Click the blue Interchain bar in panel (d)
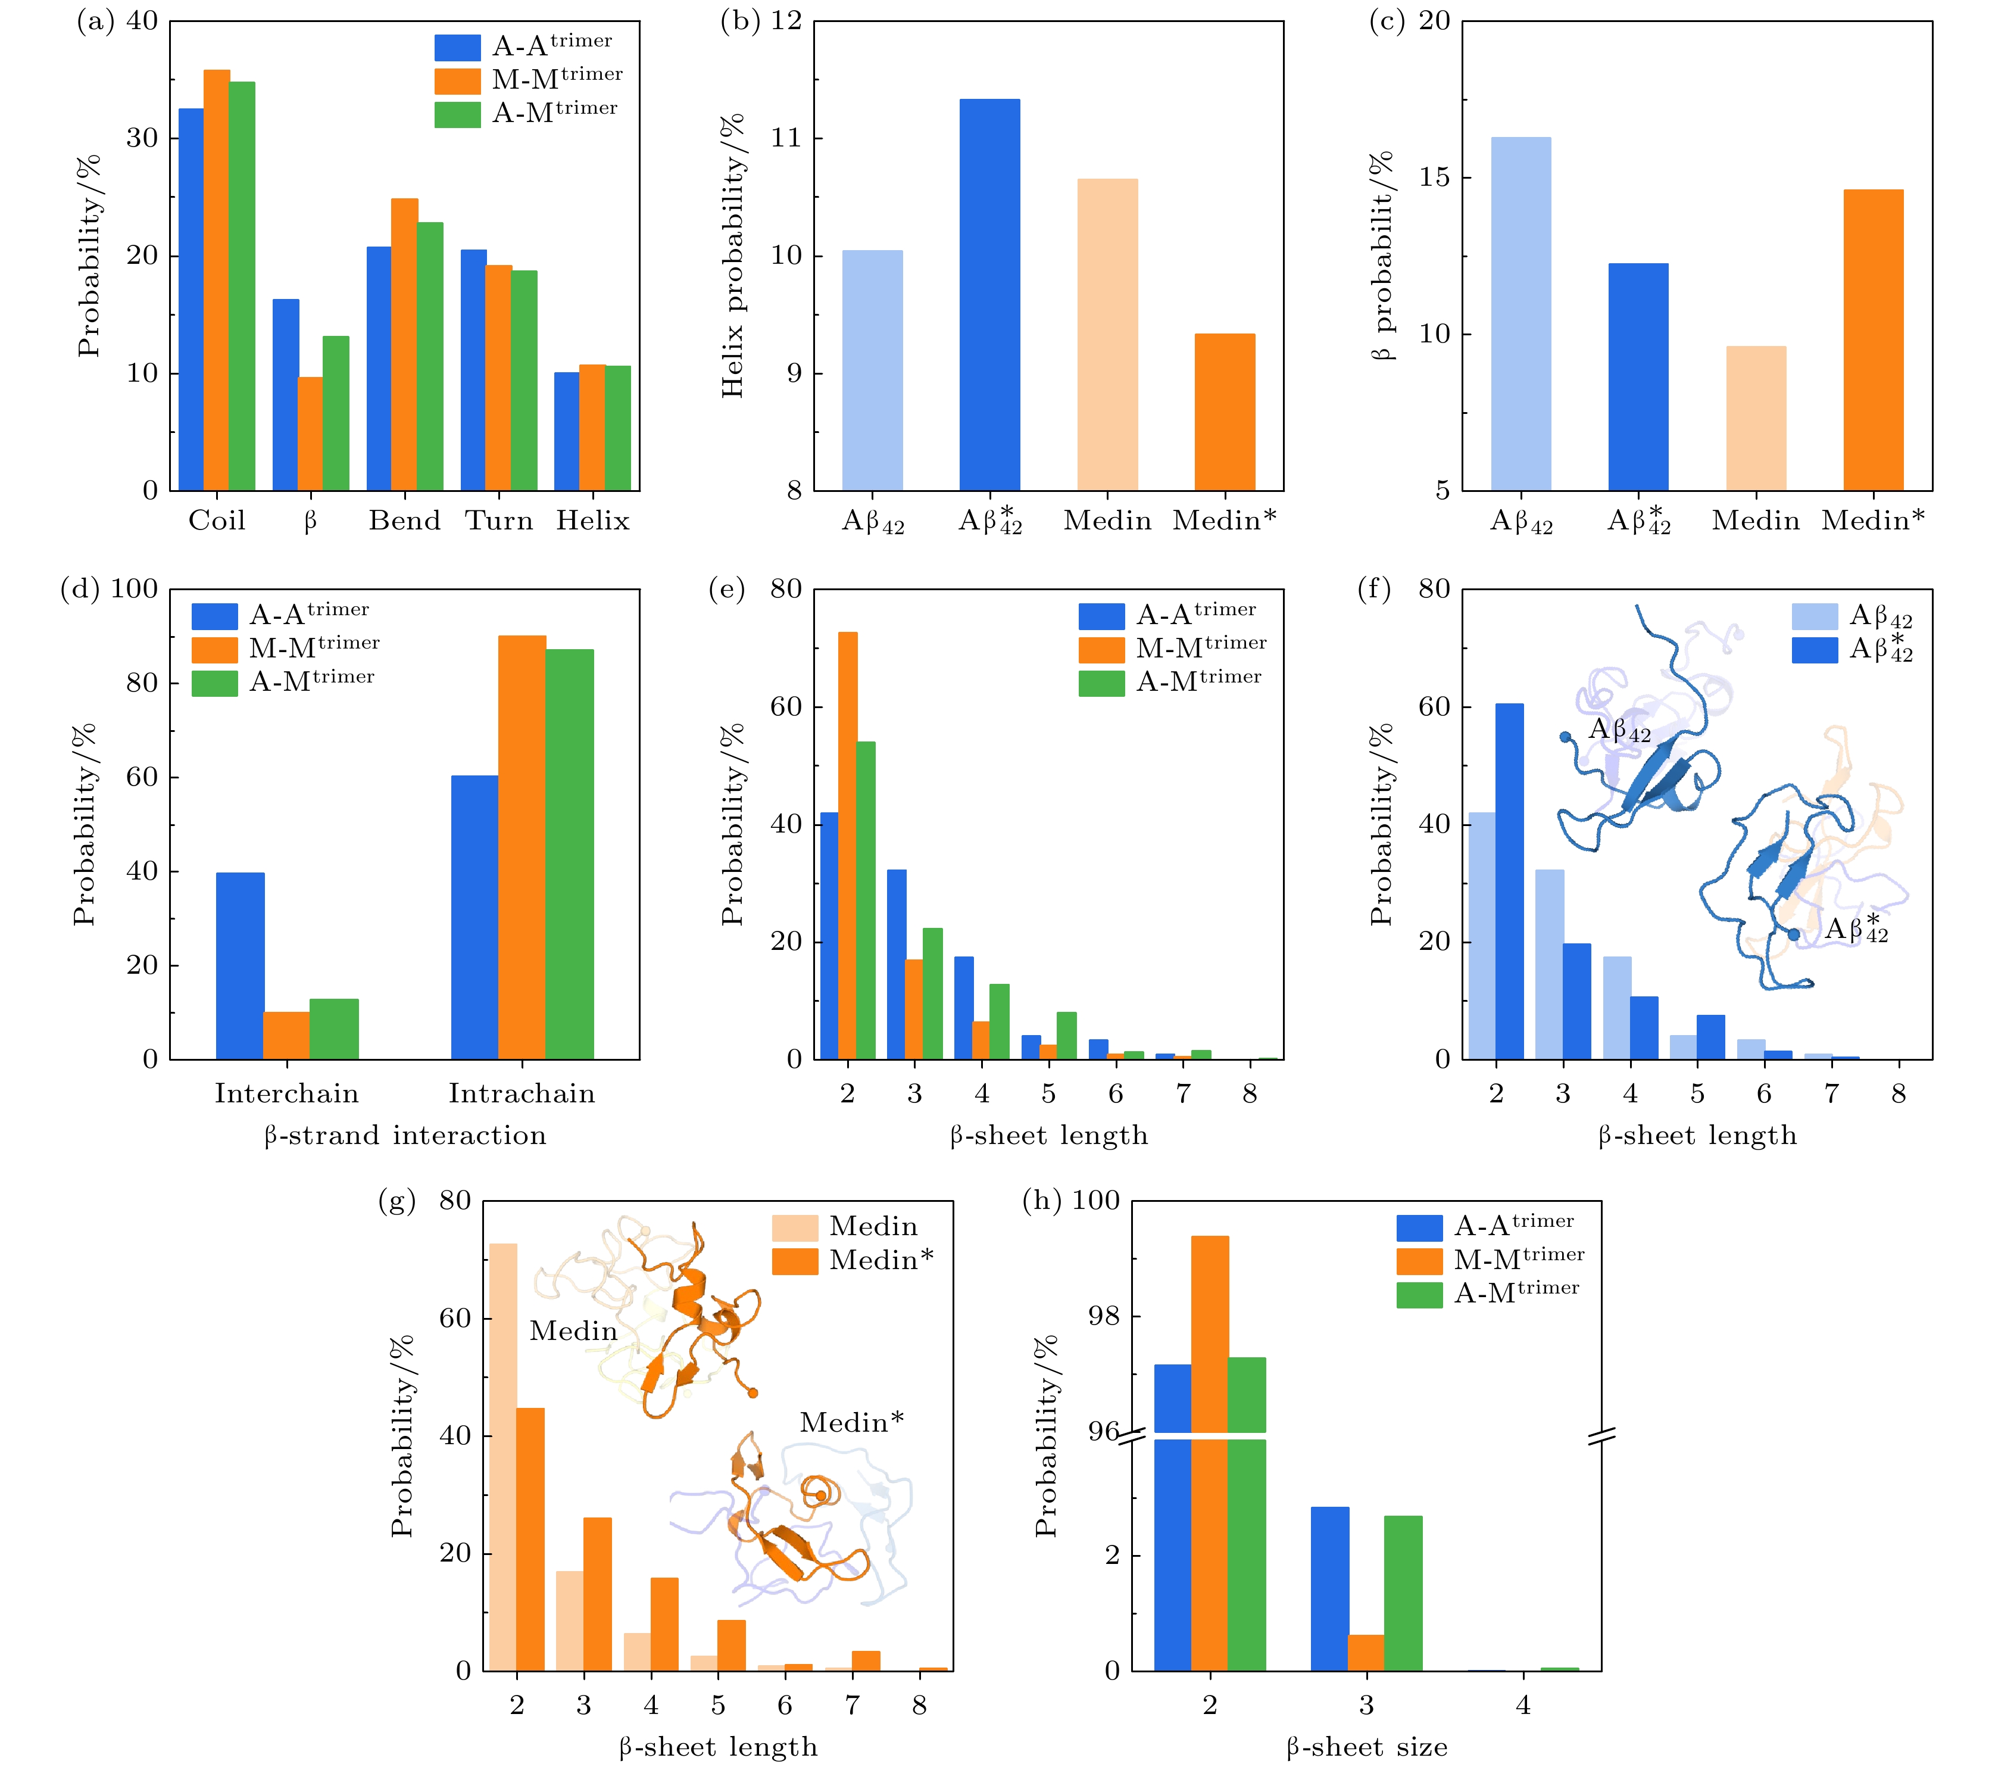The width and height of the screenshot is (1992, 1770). tap(240, 965)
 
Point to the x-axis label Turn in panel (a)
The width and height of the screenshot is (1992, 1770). tap(499, 521)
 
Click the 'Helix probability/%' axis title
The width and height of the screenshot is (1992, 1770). tap(733, 255)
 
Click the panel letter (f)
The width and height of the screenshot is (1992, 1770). tap(1374, 590)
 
